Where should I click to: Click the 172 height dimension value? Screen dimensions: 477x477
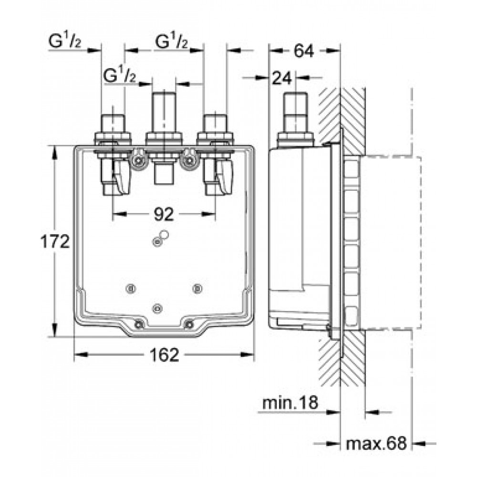tap(55, 242)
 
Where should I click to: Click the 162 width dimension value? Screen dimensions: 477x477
tap(164, 354)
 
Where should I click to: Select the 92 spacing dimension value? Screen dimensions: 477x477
tap(164, 214)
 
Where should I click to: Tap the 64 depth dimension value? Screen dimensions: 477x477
tap(303, 51)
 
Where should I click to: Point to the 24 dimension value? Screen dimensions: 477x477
tap(282, 78)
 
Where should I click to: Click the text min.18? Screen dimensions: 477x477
tap(290, 403)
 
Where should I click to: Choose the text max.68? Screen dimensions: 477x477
tap(376, 444)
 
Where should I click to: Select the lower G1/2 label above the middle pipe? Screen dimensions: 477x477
tap(120, 75)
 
